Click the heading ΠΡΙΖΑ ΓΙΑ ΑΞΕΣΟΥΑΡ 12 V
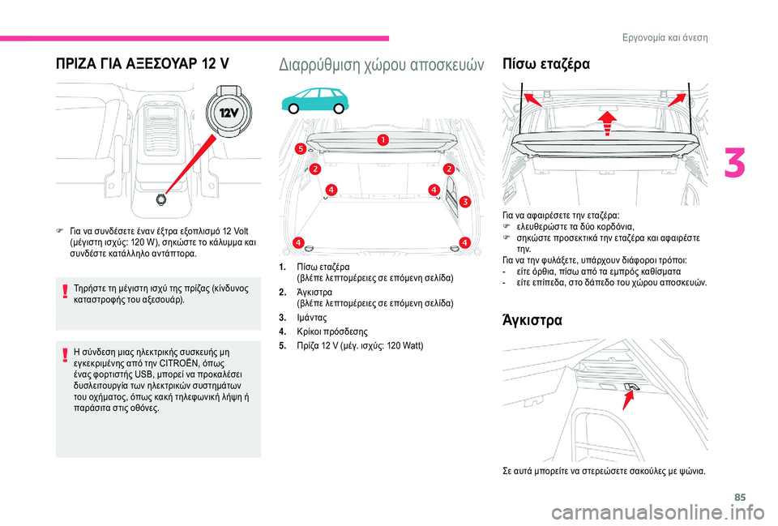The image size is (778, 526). (x=142, y=63)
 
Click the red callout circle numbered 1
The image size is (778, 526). (x=382, y=140)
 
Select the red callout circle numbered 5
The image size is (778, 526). (x=300, y=149)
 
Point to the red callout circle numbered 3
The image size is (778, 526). (x=465, y=201)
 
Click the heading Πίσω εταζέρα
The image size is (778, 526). (x=547, y=63)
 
